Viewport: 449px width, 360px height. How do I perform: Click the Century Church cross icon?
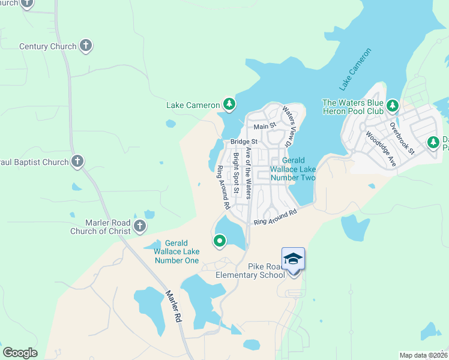pos(86,46)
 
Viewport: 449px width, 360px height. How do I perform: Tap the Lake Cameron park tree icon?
pos(229,105)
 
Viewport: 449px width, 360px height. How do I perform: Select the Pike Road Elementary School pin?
pos(293,259)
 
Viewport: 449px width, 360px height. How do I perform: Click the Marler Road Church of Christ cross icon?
pos(140,226)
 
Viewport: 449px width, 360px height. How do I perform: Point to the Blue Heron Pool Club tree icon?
pos(393,106)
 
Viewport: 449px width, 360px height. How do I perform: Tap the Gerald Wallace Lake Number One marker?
pos(220,241)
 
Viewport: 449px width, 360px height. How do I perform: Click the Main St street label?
pos(264,127)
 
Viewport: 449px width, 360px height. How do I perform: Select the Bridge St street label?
pos(243,142)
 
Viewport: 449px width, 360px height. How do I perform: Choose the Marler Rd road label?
pos(173,307)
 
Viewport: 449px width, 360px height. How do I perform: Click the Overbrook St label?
pos(402,139)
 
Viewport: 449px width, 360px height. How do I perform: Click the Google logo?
pos(20,352)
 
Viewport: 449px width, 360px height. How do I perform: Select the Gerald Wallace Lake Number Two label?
pos(293,169)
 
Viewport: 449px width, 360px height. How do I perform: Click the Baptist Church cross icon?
pos(77,161)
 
